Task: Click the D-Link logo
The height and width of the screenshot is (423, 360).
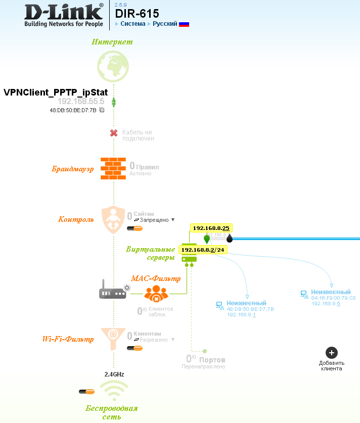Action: pyautogui.click(x=64, y=15)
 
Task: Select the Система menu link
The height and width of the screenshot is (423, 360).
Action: pyautogui.click(x=132, y=24)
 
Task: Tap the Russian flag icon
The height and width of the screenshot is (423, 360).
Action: pyautogui.click(x=184, y=24)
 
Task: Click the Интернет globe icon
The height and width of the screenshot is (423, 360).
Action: pyautogui.click(x=114, y=68)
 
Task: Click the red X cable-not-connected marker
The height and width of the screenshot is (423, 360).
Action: pyautogui.click(x=114, y=133)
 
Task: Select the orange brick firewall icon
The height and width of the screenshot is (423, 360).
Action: pyautogui.click(x=113, y=168)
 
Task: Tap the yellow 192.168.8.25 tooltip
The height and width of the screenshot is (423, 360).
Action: pyautogui.click(x=211, y=228)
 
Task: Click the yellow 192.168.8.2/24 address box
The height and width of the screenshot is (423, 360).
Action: pyautogui.click(x=202, y=250)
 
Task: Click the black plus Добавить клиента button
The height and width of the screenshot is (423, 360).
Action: pyautogui.click(x=331, y=353)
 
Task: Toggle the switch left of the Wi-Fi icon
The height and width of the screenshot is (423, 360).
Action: pyautogui.click(x=87, y=391)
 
